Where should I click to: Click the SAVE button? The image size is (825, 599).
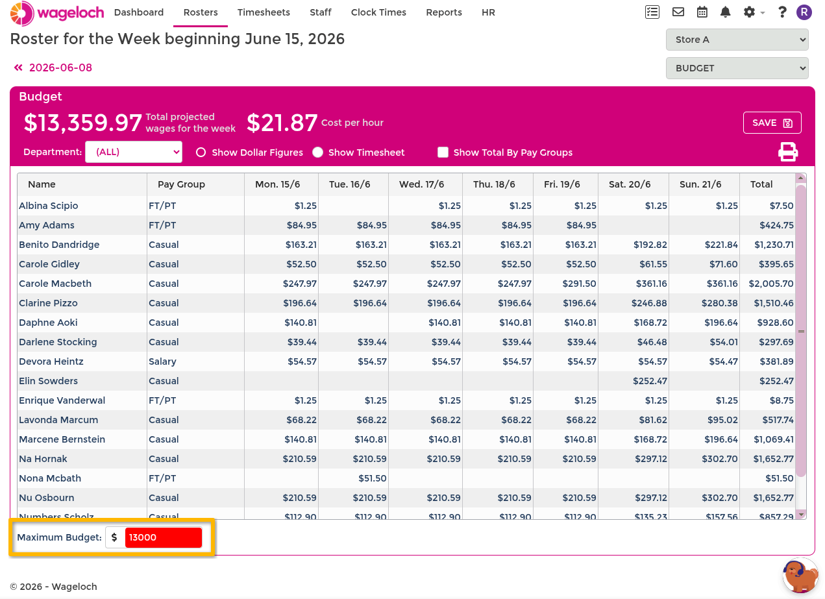tap(772, 123)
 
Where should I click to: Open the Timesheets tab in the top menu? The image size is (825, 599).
tap(264, 12)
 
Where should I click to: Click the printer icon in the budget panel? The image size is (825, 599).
tap(788, 152)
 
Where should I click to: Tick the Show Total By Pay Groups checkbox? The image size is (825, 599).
tap(443, 153)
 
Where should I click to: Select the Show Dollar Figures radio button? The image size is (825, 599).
tap(201, 153)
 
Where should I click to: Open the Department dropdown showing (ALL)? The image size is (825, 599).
tap(134, 152)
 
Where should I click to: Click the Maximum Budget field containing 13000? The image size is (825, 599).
tap(164, 537)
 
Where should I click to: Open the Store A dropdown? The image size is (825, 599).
tap(737, 40)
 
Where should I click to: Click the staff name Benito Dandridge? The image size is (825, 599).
tap(59, 245)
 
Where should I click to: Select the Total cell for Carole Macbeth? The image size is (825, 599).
tap(771, 284)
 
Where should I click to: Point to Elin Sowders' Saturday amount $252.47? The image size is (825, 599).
tap(650, 381)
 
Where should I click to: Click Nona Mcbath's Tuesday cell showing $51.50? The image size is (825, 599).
tap(373, 478)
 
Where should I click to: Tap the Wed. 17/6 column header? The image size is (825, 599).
tap(421, 184)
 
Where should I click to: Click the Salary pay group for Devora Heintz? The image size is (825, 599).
tap(162, 361)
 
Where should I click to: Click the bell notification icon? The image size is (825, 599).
tap(725, 12)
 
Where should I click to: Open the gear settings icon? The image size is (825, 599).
tap(749, 12)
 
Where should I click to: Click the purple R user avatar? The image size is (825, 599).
tap(804, 12)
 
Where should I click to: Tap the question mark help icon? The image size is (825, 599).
tap(782, 12)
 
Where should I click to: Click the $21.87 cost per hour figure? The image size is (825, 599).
tap(282, 123)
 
